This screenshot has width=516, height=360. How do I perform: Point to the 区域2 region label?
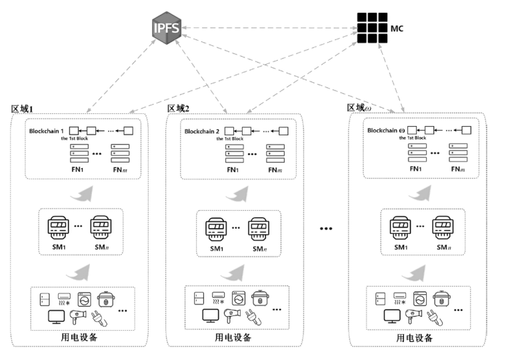pos(178,109)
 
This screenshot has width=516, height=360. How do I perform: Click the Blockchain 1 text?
pos(47,131)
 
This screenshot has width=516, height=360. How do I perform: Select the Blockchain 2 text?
pos(203,131)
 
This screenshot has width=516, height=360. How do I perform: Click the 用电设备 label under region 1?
pos(79,337)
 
